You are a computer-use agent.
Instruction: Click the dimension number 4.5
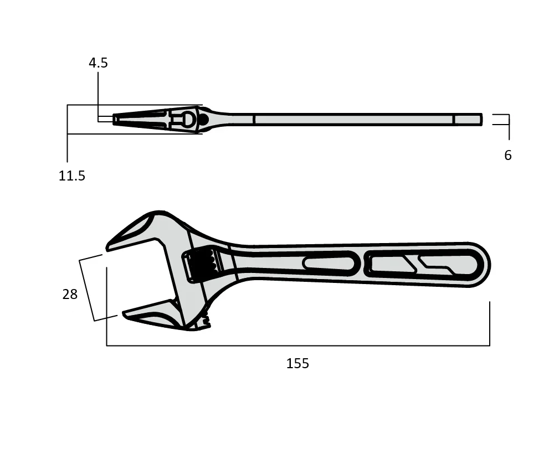tap(98, 63)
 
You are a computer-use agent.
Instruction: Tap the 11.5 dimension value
tap(72, 176)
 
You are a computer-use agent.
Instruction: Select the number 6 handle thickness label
tap(507, 156)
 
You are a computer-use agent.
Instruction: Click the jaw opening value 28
tap(70, 295)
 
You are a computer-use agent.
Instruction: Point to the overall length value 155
tap(297, 364)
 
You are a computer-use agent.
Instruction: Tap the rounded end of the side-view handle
tap(482, 265)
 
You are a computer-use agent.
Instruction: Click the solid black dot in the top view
tap(203, 119)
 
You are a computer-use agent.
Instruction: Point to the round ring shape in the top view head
tap(188, 119)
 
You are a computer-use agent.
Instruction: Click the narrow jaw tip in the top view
tap(116, 119)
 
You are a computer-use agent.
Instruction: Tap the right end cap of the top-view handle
tap(468, 120)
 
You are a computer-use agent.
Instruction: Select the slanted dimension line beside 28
tap(86, 290)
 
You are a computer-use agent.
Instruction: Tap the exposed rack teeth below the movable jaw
tap(206, 319)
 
